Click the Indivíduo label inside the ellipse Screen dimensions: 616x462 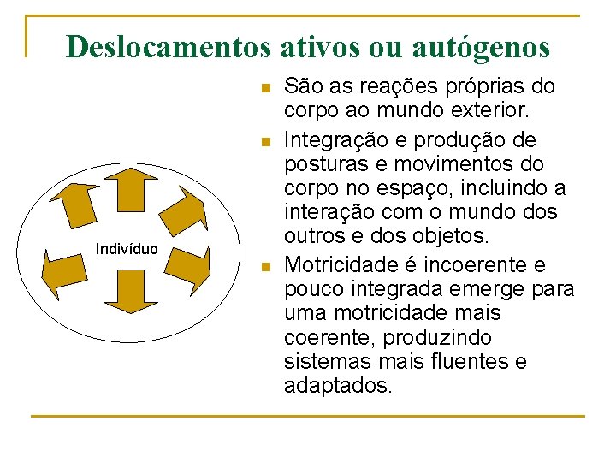127,249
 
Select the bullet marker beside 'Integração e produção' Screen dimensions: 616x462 266,140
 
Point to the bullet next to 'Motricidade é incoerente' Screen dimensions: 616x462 266,267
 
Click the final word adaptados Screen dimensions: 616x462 338,386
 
